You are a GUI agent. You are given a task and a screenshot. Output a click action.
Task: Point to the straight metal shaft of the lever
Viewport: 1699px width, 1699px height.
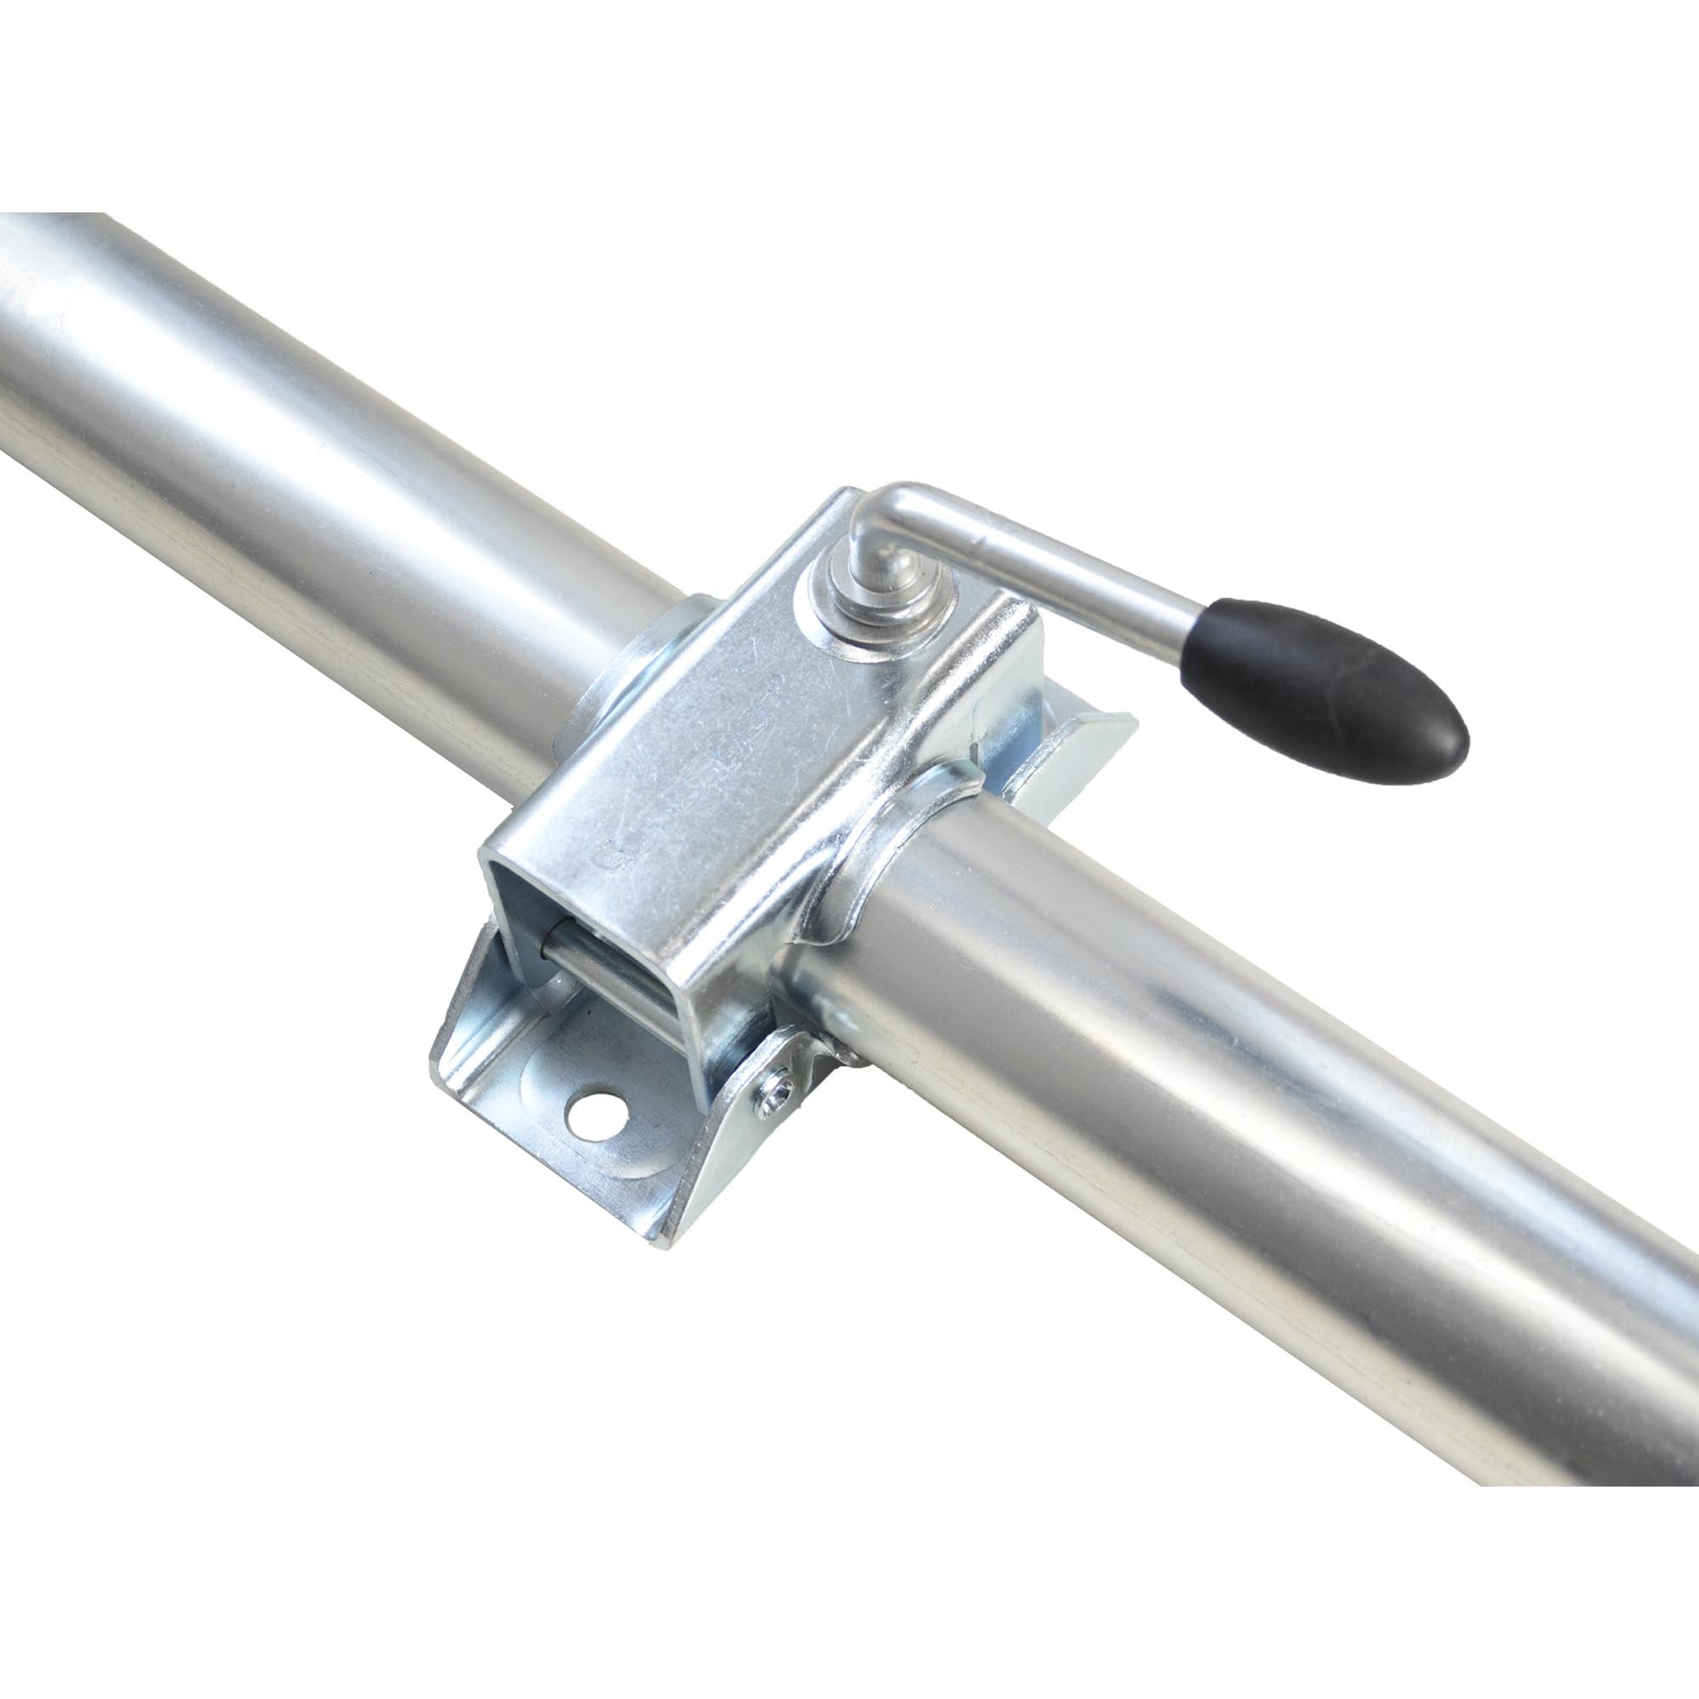click(1055, 563)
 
